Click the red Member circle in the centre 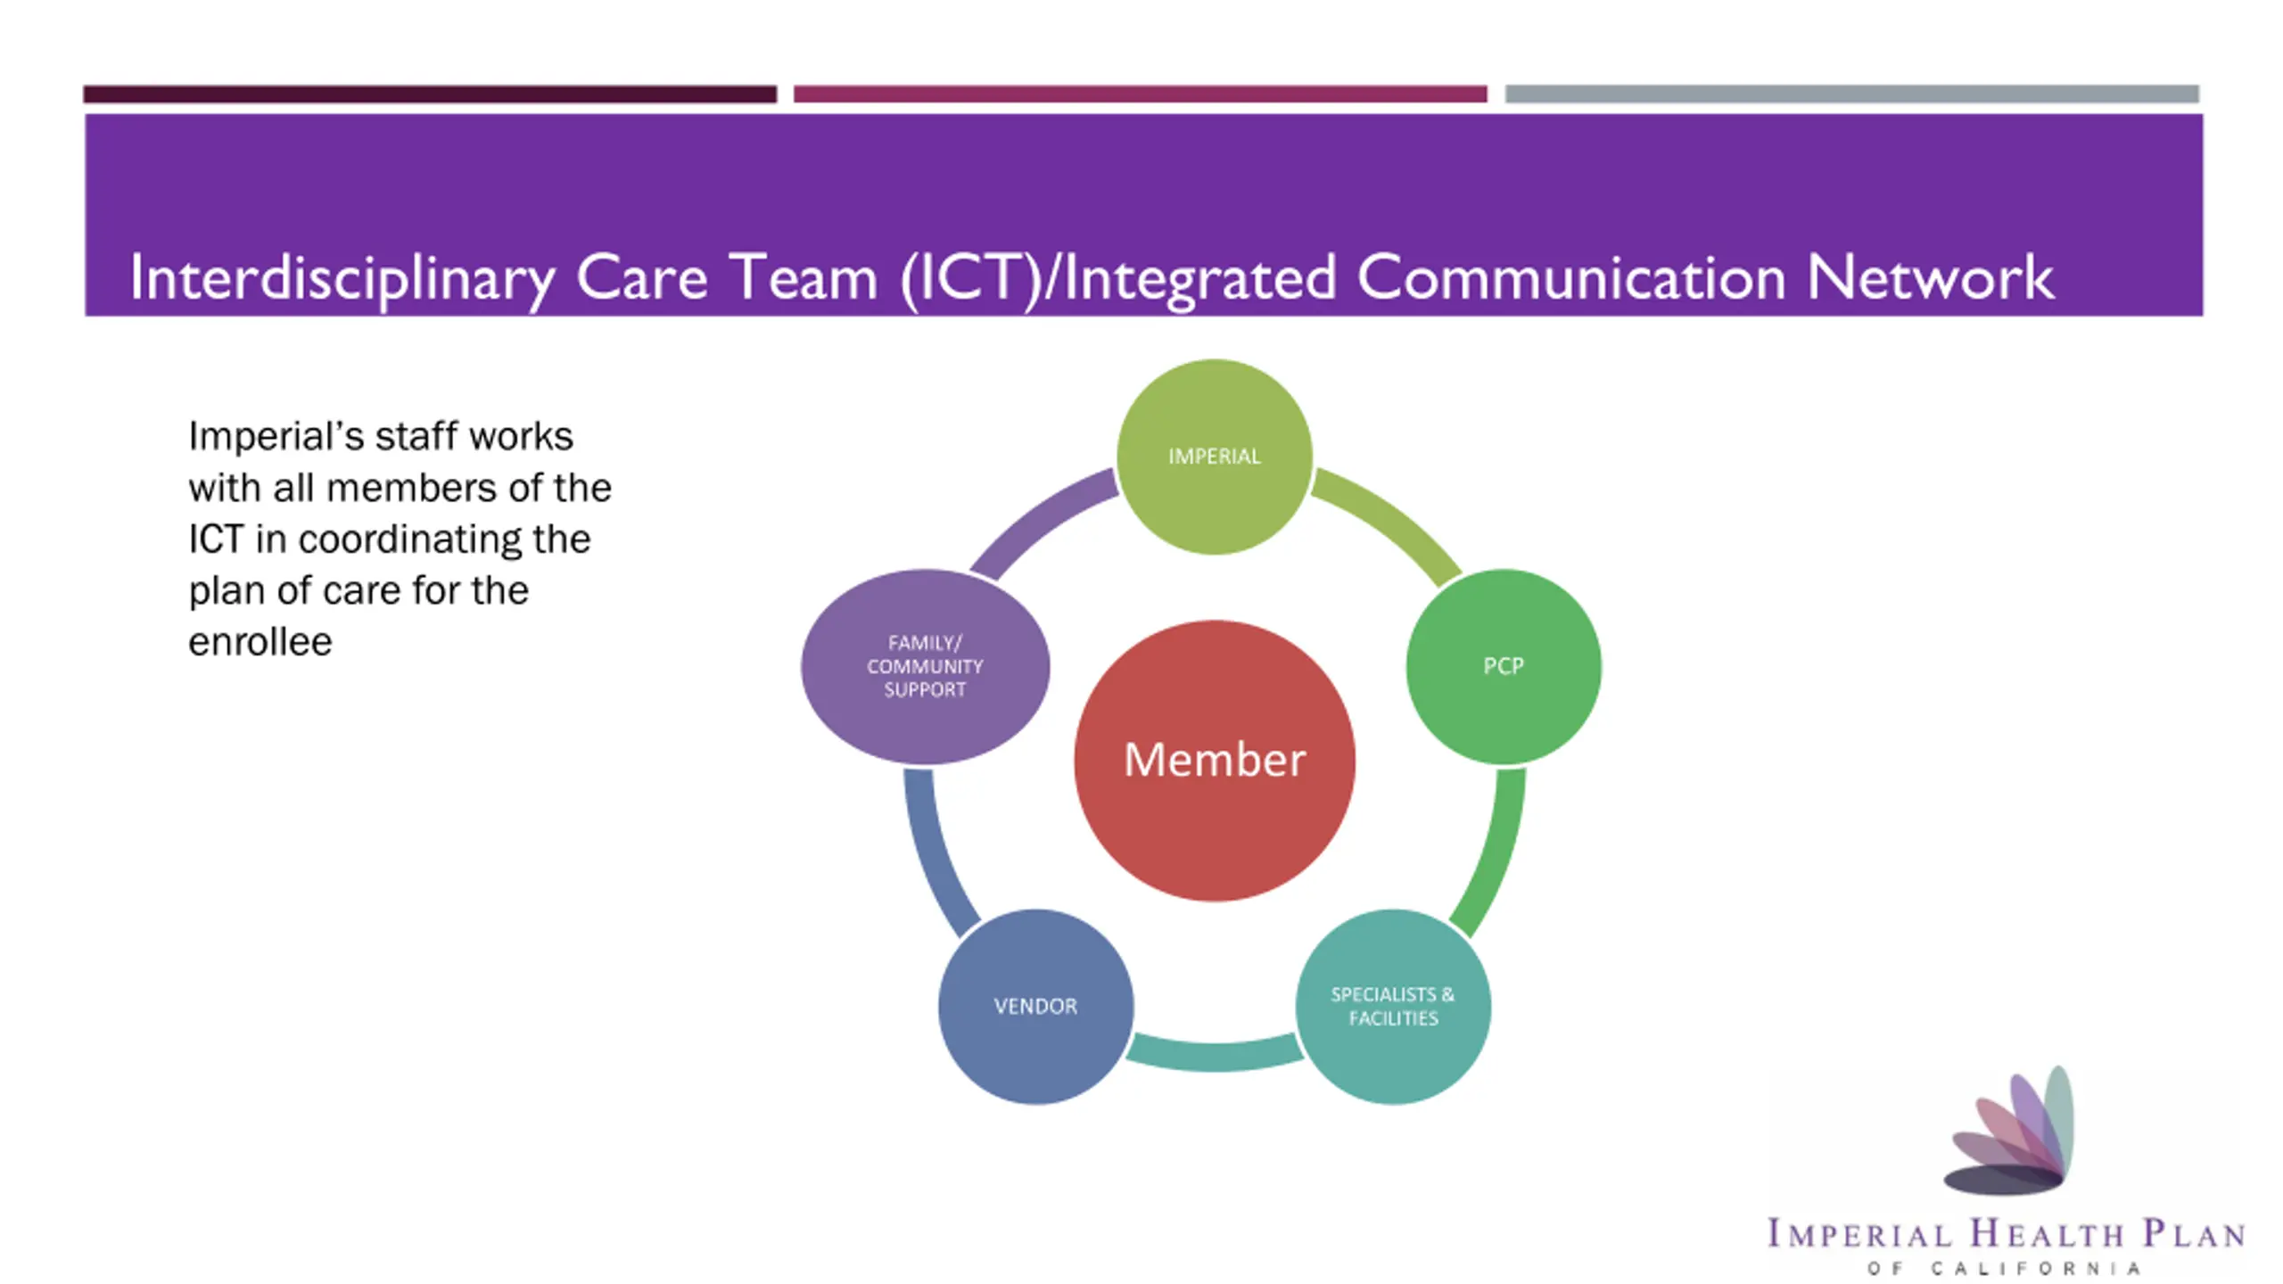tap(1214, 760)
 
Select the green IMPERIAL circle tap(1214, 456)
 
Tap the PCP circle tap(1504, 666)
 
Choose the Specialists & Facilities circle tap(1392, 1006)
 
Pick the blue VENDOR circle tap(1035, 1006)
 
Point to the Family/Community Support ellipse tap(925, 666)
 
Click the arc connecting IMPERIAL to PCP tap(1391, 522)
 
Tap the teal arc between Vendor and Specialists tap(1214, 1054)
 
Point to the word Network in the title tap(1930, 277)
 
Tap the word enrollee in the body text tap(260, 641)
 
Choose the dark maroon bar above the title tap(430, 94)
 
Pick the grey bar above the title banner tap(1852, 94)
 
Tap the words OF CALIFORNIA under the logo tap(2004, 1268)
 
